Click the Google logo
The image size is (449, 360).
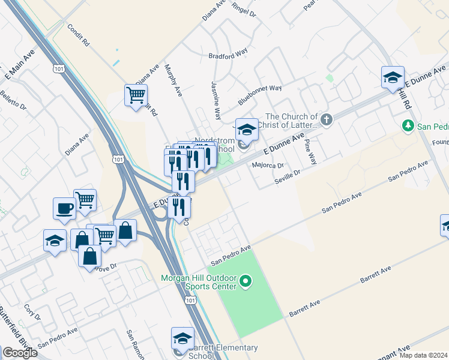tap(20, 353)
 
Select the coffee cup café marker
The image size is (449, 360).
tap(64, 208)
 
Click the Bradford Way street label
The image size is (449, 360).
tap(228, 54)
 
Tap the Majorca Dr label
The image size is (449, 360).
tap(268, 165)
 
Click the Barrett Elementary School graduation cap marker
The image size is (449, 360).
tap(182, 338)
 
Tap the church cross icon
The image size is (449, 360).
tap(327, 119)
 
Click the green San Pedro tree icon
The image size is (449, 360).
tap(408, 125)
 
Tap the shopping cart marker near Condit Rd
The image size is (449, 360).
tap(136, 95)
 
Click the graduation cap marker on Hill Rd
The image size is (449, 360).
tap(393, 77)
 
